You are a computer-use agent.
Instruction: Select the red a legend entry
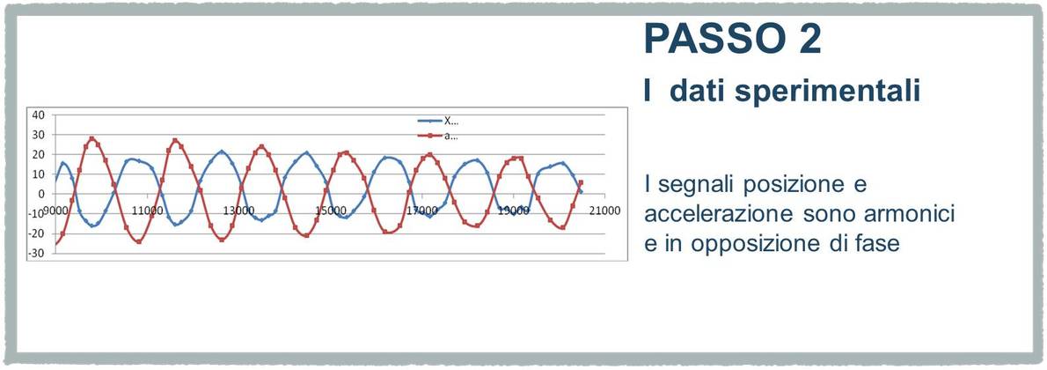coord(438,137)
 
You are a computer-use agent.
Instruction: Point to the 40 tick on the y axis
coord(39,115)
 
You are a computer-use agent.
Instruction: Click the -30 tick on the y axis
coord(37,254)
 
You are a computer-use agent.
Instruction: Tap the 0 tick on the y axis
coord(41,194)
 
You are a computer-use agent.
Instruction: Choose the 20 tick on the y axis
coord(39,154)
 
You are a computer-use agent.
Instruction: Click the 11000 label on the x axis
coord(147,210)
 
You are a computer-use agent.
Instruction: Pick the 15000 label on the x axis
coord(332,210)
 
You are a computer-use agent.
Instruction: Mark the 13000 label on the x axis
coord(239,210)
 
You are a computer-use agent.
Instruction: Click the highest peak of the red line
coord(92,138)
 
